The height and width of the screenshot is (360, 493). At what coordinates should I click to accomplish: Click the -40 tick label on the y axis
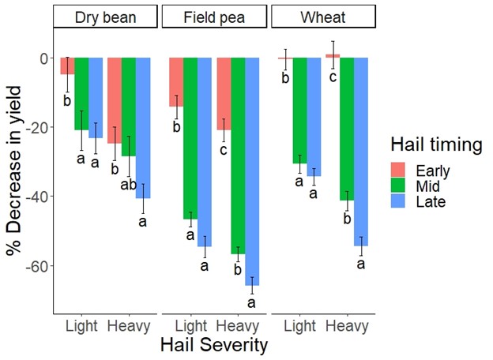pyautogui.click(x=36, y=197)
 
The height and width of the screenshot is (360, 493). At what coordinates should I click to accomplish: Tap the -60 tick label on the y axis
pyautogui.click(x=36, y=266)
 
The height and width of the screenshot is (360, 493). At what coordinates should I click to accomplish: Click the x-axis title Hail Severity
pyautogui.click(x=214, y=346)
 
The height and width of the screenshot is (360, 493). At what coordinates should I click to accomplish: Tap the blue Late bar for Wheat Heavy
pyautogui.click(x=361, y=150)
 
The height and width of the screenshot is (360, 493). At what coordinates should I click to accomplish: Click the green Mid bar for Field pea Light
pyautogui.click(x=190, y=138)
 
